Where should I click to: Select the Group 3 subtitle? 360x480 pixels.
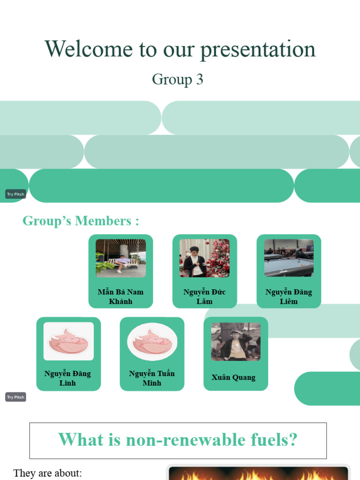(178, 79)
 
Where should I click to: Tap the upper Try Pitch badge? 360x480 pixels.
(15, 194)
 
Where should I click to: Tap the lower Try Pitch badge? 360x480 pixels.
(15, 397)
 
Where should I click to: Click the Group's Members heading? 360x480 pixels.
(81, 221)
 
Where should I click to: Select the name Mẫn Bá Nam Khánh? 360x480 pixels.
(120, 297)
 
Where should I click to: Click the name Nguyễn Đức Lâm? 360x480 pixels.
(204, 297)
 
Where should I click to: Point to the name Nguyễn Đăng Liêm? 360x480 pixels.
(288, 297)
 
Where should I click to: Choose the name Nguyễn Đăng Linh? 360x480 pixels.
(68, 378)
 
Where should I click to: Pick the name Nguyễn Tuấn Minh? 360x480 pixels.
(152, 378)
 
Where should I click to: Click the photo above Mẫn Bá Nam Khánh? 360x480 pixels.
(120, 258)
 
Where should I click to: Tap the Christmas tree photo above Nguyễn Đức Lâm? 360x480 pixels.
(204, 258)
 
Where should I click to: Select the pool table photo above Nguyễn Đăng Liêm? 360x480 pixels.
(288, 258)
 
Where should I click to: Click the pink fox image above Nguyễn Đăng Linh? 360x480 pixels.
(68, 341)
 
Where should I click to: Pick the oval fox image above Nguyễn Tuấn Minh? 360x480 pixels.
(152, 341)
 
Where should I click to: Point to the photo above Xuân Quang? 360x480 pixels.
(235, 341)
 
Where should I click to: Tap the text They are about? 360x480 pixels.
(48, 472)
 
